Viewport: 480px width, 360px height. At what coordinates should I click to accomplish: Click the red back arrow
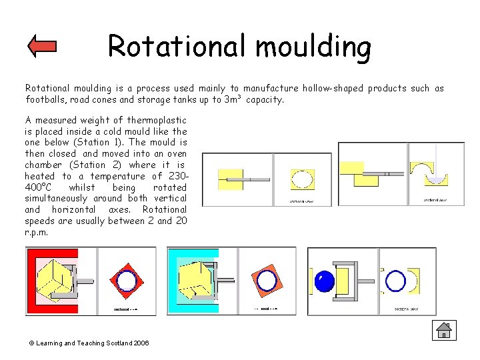(x=43, y=47)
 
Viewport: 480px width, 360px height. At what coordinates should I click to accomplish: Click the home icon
(x=443, y=330)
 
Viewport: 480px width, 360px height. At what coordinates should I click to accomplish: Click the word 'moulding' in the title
(x=313, y=46)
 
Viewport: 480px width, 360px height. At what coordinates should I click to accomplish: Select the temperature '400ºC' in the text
(x=41, y=187)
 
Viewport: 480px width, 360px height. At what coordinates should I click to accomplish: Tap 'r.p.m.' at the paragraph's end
(x=39, y=233)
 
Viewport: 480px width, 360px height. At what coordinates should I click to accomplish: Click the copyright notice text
(x=88, y=343)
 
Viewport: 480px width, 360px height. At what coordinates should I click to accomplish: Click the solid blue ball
(x=324, y=281)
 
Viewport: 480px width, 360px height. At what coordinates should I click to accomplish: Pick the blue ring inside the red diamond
(x=126, y=280)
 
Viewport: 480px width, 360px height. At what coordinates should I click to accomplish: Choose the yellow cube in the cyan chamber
(x=195, y=277)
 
